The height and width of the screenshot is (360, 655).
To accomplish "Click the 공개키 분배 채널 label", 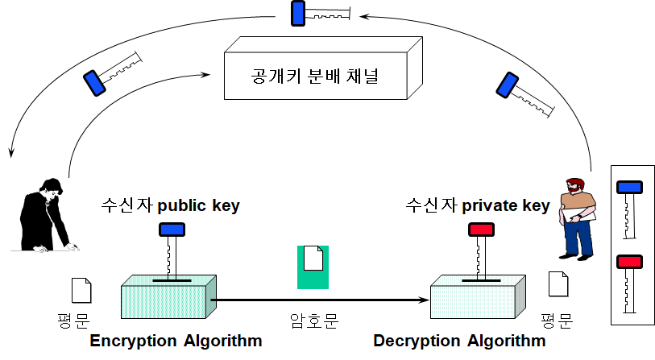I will click(315, 78).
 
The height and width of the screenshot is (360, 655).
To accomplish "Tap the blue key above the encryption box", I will click(171, 249).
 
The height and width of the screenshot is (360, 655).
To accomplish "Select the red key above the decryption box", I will click(480, 249).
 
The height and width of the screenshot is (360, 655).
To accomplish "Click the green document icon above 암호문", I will click(313, 267).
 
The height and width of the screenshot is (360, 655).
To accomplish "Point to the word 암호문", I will click(313, 320).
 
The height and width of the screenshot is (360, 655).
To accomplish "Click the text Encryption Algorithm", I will click(176, 341).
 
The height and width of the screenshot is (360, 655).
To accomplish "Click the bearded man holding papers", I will click(578, 217).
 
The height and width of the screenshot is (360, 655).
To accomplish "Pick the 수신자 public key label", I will click(170, 205).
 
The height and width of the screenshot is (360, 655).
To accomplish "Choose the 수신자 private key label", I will click(478, 205).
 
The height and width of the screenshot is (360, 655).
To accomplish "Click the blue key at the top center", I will click(321, 13).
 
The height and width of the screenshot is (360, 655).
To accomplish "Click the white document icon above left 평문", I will click(81, 290).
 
